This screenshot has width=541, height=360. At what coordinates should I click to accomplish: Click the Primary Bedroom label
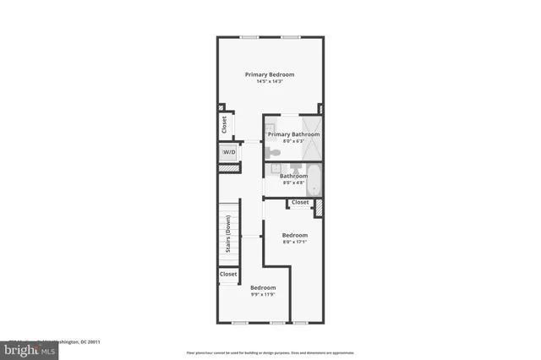coord(270,74)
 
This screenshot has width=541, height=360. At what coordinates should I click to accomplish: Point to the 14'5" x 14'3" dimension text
coord(270,82)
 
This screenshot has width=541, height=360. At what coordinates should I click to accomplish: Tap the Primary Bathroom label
coord(293,134)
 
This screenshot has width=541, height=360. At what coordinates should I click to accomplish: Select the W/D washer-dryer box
coord(229,152)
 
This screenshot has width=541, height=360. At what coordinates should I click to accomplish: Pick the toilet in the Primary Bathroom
coord(272,152)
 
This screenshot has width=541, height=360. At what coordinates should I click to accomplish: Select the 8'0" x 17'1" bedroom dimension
coord(294,243)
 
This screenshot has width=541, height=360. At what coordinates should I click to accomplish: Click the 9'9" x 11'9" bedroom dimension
coord(263,295)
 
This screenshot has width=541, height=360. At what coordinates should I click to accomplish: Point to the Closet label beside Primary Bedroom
coord(224,125)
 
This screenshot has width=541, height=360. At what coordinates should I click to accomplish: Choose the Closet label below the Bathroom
coord(300,203)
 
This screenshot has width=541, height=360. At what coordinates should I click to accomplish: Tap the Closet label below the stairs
coord(228,274)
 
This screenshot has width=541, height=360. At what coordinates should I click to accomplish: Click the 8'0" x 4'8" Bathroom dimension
coord(293,183)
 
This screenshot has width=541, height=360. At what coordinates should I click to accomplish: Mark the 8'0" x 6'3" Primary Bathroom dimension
coord(293,141)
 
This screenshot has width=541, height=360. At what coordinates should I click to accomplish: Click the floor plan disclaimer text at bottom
coord(270,352)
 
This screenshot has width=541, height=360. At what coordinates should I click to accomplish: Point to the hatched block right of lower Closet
coord(319,207)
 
